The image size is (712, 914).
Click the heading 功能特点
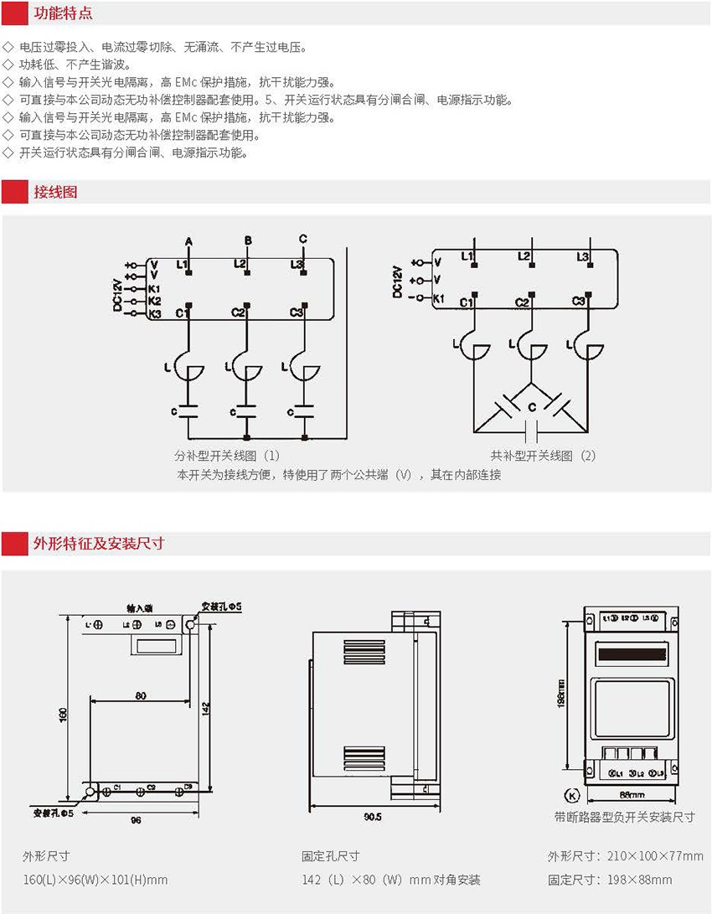(x=63, y=14)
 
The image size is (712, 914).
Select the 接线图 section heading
(x=55, y=192)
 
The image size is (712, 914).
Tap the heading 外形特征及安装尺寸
(x=98, y=543)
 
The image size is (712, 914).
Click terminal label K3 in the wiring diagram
(x=153, y=313)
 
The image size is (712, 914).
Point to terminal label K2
(x=153, y=301)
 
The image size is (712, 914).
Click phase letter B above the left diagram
(x=247, y=241)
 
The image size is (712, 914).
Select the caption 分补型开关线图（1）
(x=227, y=456)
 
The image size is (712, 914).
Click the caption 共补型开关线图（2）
(x=544, y=456)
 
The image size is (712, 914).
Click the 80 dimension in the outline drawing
(x=140, y=695)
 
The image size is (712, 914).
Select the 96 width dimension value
(x=136, y=818)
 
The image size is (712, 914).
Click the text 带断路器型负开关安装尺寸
(x=624, y=817)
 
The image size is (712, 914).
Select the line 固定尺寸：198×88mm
(x=610, y=880)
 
